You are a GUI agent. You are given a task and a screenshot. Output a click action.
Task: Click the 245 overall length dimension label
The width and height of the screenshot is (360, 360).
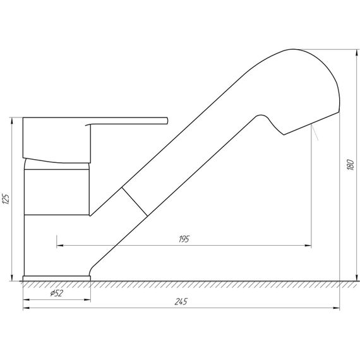(181, 301)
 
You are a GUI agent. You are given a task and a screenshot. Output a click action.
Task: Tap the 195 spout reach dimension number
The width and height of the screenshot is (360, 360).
(184, 239)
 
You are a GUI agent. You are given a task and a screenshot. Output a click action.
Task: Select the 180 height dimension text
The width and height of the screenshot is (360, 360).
(351, 165)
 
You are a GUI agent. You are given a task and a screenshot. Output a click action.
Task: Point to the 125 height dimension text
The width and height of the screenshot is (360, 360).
(6, 199)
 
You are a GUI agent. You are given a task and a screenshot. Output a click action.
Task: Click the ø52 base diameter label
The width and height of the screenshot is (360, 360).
(56, 293)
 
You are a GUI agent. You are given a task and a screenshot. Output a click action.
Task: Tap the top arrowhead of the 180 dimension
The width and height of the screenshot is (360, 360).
(357, 52)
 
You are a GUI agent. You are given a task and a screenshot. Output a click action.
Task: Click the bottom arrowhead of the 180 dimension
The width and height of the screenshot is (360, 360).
(357, 277)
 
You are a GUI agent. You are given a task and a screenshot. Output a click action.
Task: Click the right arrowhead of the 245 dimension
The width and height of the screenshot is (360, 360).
(336, 308)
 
